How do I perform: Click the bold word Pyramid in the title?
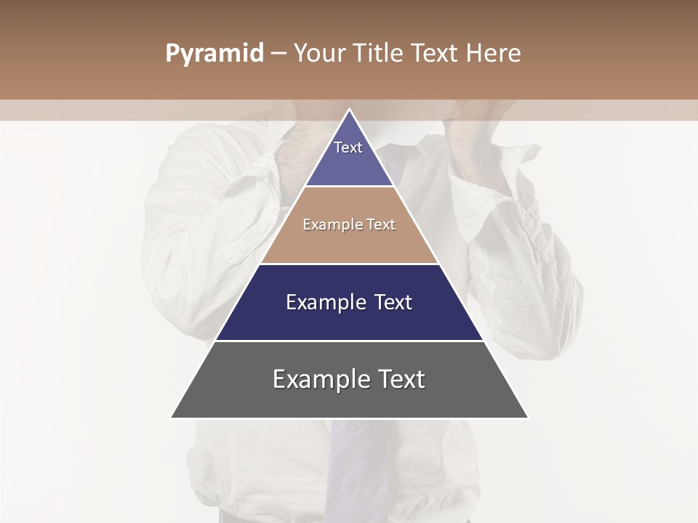pyautogui.click(x=214, y=54)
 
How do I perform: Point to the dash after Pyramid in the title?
pyautogui.click(x=278, y=54)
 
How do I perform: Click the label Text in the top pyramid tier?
pyautogui.click(x=348, y=147)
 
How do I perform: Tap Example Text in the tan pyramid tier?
pyautogui.click(x=349, y=224)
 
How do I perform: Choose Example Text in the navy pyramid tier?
pyautogui.click(x=349, y=302)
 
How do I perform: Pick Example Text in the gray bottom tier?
pyautogui.click(x=349, y=379)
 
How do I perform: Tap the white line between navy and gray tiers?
pyautogui.click(x=349, y=341)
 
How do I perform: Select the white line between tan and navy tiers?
pyautogui.click(x=349, y=264)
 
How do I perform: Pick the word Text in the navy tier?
pyautogui.click(x=393, y=302)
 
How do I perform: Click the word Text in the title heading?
pyautogui.click(x=436, y=54)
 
